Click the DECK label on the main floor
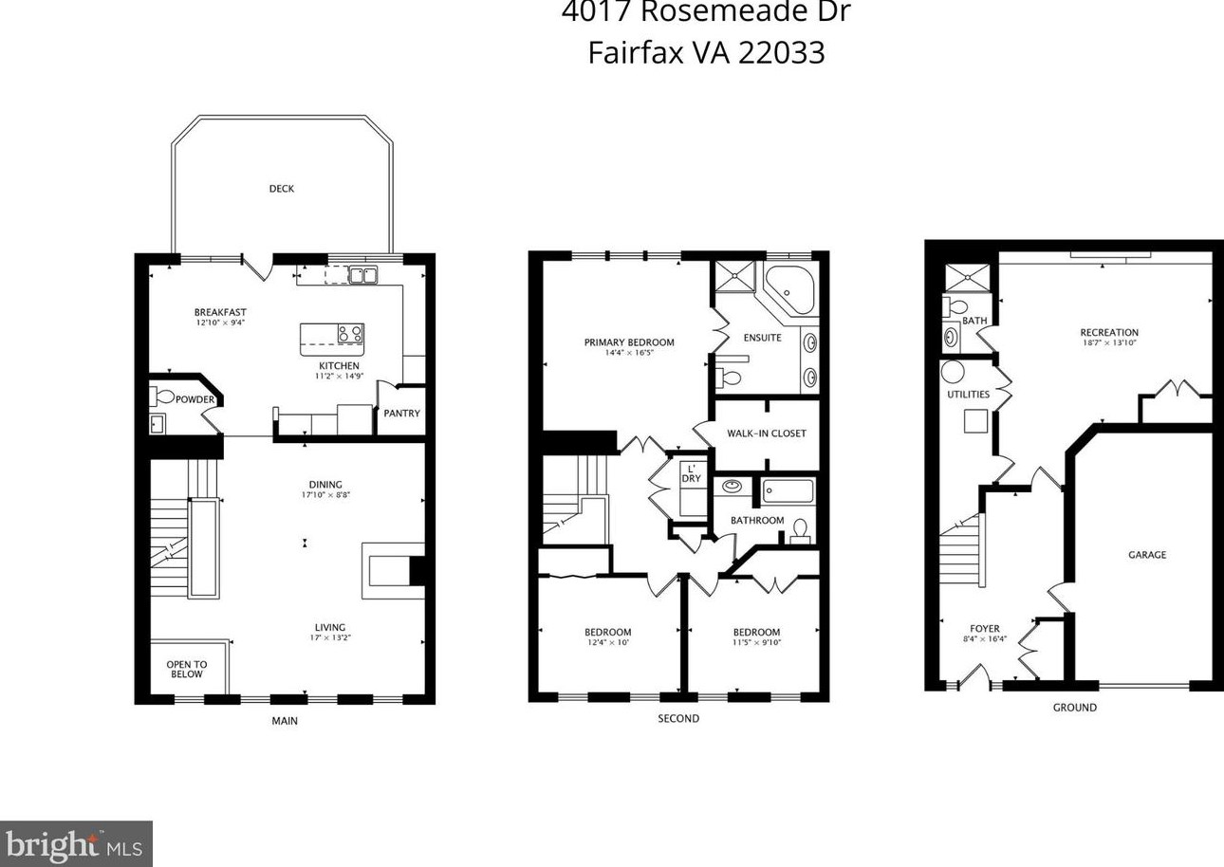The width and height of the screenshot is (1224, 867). [x=281, y=189]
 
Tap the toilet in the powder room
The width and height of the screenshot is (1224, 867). [x=164, y=397]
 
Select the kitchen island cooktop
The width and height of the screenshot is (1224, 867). [x=349, y=334]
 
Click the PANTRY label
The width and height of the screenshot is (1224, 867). [x=401, y=414]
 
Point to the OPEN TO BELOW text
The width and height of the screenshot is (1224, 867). [x=187, y=670]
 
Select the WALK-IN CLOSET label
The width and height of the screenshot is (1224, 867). [x=766, y=433]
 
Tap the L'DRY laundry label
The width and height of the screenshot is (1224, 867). [x=691, y=473]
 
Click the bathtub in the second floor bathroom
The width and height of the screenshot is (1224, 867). [x=788, y=491]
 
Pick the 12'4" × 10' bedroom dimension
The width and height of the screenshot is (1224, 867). [x=607, y=643]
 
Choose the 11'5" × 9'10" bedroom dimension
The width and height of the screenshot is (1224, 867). [x=756, y=643]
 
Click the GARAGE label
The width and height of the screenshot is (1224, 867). [x=1147, y=555]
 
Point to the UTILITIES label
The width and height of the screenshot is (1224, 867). [x=968, y=395]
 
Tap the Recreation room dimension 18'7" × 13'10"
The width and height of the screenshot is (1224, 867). [x=1109, y=343]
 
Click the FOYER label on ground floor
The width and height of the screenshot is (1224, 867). [x=984, y=629]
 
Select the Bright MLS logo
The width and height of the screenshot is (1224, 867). [x=76, y=844]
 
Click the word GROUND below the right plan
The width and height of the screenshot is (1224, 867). [x=1074, y=708]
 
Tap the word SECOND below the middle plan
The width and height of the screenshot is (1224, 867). [x=678, y=719]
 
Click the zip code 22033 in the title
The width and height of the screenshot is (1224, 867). [x=781, y=52]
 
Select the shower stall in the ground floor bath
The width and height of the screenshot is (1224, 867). [x=967, y=277]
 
